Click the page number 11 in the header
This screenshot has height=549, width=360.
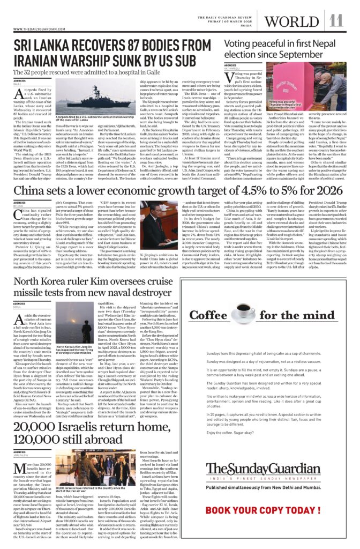[x=336, y=21]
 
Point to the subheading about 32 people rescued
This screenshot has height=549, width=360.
[x=95, y=72]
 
